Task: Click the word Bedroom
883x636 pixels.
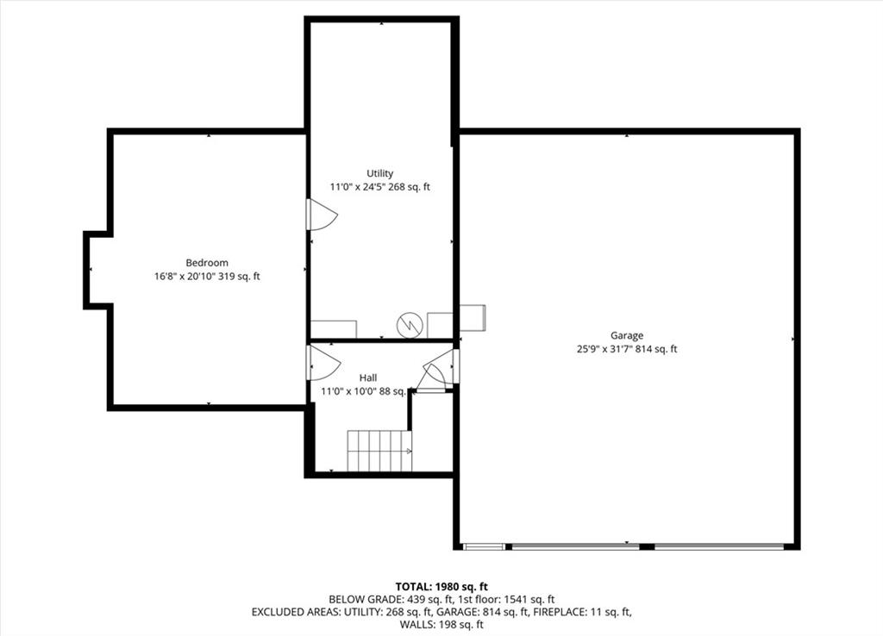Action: pos(207,263)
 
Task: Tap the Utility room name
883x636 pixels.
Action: pos(380,173)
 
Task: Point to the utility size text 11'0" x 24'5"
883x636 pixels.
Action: pos(358,187)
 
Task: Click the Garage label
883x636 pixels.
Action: pos(627,336)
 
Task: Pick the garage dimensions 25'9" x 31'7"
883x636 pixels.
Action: pos(605,349)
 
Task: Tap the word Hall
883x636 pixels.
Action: pos(368,377)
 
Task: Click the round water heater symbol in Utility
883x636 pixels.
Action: pos(410,325)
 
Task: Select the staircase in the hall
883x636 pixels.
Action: pos(379,451)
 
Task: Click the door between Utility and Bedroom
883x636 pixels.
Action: pos(322,215)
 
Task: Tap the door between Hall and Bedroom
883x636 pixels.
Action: pos(323,363)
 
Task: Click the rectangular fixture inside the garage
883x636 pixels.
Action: pos(473,318)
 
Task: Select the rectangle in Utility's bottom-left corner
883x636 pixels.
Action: pos(334,329)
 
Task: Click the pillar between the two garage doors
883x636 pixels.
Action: pos(647,546)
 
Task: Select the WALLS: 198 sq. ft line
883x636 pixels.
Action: pos(441,624)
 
